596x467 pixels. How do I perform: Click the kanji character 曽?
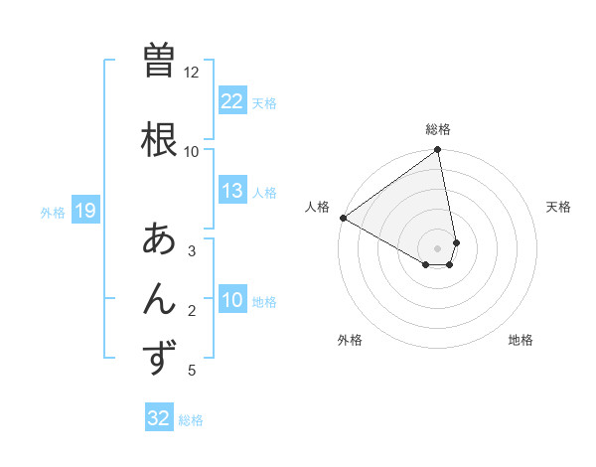pos(160,62)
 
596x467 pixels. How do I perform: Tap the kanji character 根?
pos(160,138)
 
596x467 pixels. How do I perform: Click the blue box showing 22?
pos(231,101)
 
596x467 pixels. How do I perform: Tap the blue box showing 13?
pos(231,191)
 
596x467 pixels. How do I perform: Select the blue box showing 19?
pos(84,211)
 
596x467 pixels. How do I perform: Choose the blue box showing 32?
pos(159,418)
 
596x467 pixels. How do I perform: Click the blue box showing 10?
pos(231,300)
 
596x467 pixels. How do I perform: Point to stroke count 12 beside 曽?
pos(191,73)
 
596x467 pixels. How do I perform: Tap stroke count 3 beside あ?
pos(191,251)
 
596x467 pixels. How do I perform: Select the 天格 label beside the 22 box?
pos(264,102)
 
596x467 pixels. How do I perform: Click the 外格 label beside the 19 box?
pos(53,212)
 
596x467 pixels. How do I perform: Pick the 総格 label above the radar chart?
pos(438,129)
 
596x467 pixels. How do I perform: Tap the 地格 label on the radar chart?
pos(521,340)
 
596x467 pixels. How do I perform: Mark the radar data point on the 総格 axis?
pos(438,151)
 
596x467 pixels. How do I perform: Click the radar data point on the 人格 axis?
pos(343,217)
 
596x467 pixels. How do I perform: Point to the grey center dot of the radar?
pos(438,247)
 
